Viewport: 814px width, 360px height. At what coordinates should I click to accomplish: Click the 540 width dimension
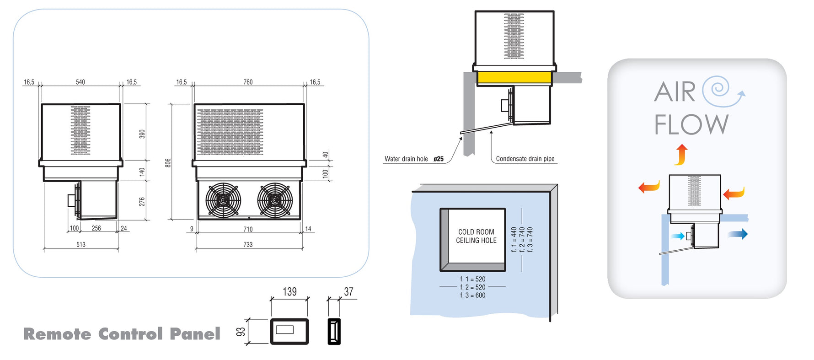click(80, 82)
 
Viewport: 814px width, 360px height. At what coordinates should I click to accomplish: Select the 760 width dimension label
click(248, 82)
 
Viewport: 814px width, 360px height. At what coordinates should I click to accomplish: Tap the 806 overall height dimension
click(168, 163)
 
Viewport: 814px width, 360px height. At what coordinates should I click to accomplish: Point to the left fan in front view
click(223, 199)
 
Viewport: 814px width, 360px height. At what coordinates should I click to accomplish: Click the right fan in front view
click(275, 199)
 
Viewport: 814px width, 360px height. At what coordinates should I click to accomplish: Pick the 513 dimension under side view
click(81, 245)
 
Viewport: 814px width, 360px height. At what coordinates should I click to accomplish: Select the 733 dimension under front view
click(248, 245)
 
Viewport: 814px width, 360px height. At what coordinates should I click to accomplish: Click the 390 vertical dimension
click(142, 134)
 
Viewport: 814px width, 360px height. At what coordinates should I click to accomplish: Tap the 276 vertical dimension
click(142, 202)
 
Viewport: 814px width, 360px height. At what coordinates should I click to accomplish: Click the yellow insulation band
click(514, 78)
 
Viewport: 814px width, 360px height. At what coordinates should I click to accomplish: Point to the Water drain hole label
click(406, 159)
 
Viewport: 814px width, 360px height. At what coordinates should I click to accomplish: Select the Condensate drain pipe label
click(525, 159)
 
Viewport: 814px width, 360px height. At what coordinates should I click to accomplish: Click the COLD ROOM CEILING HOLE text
click(476, 236)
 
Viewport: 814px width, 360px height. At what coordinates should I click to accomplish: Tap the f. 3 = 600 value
click(473, 296)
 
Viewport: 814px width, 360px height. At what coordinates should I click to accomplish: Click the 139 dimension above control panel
click(289, 292)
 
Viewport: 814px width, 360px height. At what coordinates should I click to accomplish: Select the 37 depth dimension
click(348, 292)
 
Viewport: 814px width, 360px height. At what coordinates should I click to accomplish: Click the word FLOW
click(691, 125)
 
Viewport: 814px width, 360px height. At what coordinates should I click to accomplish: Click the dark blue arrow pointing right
click(738, 234)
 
